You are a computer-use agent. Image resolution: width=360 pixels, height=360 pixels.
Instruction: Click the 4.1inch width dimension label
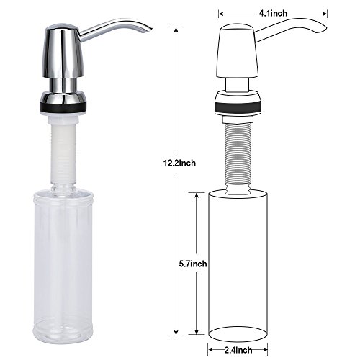273,13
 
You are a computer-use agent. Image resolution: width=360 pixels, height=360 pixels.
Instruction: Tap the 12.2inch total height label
179,163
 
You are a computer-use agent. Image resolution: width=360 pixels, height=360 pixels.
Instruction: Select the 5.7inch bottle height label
193,264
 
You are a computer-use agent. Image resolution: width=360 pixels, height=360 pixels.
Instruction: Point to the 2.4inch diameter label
238,350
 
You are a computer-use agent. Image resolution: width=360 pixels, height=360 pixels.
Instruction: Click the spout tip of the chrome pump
150,29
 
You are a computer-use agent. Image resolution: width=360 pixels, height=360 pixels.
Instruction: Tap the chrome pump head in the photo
63,52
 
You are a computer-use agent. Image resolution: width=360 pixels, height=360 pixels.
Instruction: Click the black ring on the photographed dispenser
63,107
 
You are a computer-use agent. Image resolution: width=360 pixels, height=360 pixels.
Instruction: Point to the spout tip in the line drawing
325,29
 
